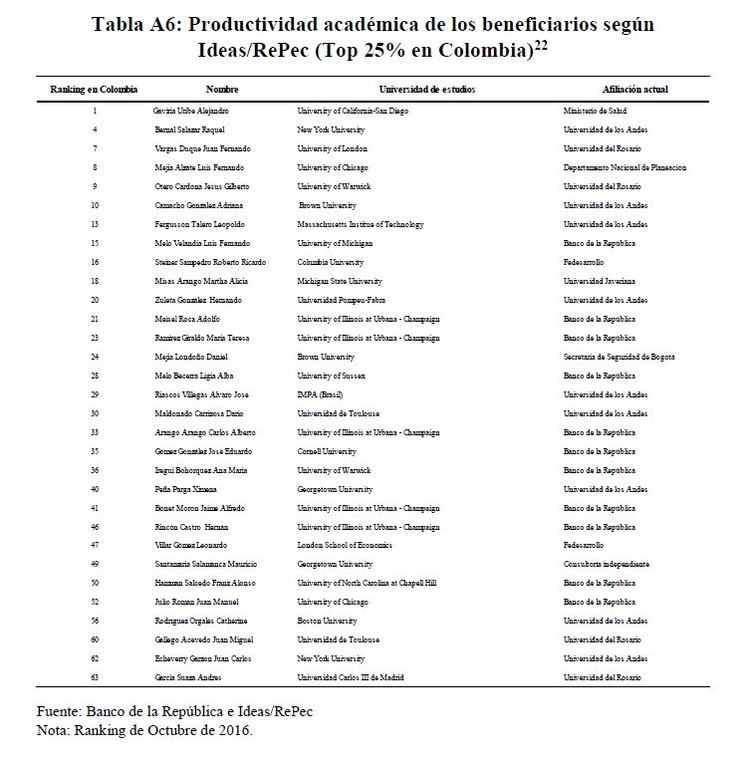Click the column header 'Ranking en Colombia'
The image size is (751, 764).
(x=94, y=90)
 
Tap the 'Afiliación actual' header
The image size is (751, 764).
(x=634, y=90)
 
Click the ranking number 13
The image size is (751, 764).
(x=94, y=224)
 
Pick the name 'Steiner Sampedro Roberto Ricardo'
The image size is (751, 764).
(x=210, y=262)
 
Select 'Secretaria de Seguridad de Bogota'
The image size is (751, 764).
(x=620, y=357)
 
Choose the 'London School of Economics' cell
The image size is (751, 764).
(x=345, y=546)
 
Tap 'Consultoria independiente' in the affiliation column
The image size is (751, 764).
(x=607, y=565)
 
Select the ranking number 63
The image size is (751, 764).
(x=94, y=678)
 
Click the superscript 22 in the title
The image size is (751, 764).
(x=542, y=44)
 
